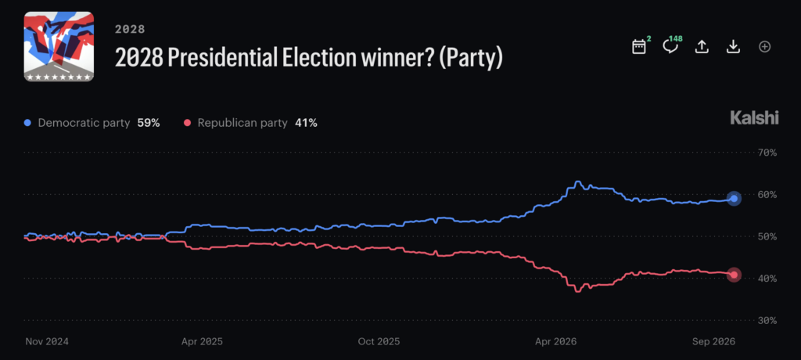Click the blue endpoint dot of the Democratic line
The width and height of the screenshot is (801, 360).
pos(734,199)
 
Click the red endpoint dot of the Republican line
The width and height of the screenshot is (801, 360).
pos(734,275)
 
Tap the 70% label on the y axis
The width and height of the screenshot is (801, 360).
pos(767,153)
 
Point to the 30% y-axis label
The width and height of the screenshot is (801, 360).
pos(767,321)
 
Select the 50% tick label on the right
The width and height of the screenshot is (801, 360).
pos(767,237)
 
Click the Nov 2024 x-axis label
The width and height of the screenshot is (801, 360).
pos(47,341)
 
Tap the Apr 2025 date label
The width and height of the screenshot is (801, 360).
pos(203,341)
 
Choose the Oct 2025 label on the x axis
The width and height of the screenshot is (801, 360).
pos(379,341)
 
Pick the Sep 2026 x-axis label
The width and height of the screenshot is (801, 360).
pos(714,341)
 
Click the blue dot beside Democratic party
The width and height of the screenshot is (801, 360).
pos(27,123)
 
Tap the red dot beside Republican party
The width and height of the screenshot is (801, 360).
pos(187,123)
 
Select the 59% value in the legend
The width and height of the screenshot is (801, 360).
pos(149,123)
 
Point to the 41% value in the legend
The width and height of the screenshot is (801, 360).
pos(306,123)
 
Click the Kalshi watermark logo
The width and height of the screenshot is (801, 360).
pos(755,119)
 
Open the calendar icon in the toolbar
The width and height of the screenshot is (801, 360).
pos(639,47)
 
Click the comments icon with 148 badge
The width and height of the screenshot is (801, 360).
pos(670,46)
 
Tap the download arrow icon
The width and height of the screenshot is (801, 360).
pos(733,46)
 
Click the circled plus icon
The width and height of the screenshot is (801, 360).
pos(764,46)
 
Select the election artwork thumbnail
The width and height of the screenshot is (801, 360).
pos(59,46)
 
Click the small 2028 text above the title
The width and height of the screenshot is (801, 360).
pos(130,29)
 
